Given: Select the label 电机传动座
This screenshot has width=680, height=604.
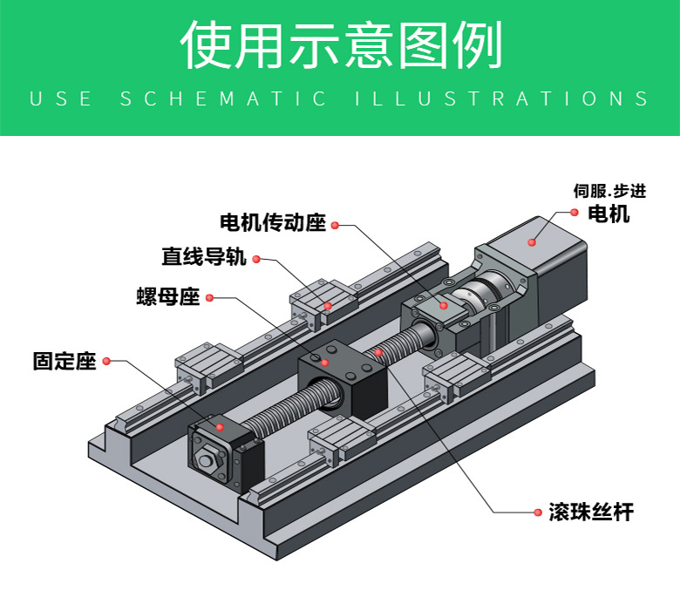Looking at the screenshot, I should click(272, 223).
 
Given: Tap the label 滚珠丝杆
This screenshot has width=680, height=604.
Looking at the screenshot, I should click(591, 512).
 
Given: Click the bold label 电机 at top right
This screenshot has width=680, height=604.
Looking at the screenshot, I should click(609, 214).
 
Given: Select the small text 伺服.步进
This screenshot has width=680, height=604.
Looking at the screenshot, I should click(610, 192).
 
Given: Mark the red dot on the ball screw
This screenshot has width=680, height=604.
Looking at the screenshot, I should click(378, 352).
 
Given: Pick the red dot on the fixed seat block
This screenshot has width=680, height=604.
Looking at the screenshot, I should click(220, 427).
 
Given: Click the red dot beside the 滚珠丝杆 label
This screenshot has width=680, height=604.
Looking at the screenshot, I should click(537, 512).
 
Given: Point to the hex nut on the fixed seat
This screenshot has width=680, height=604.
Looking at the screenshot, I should click(207, 460).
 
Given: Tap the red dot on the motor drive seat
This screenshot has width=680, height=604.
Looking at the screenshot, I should click(443, 306).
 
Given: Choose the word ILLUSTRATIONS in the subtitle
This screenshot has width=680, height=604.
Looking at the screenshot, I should click(502, 98).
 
